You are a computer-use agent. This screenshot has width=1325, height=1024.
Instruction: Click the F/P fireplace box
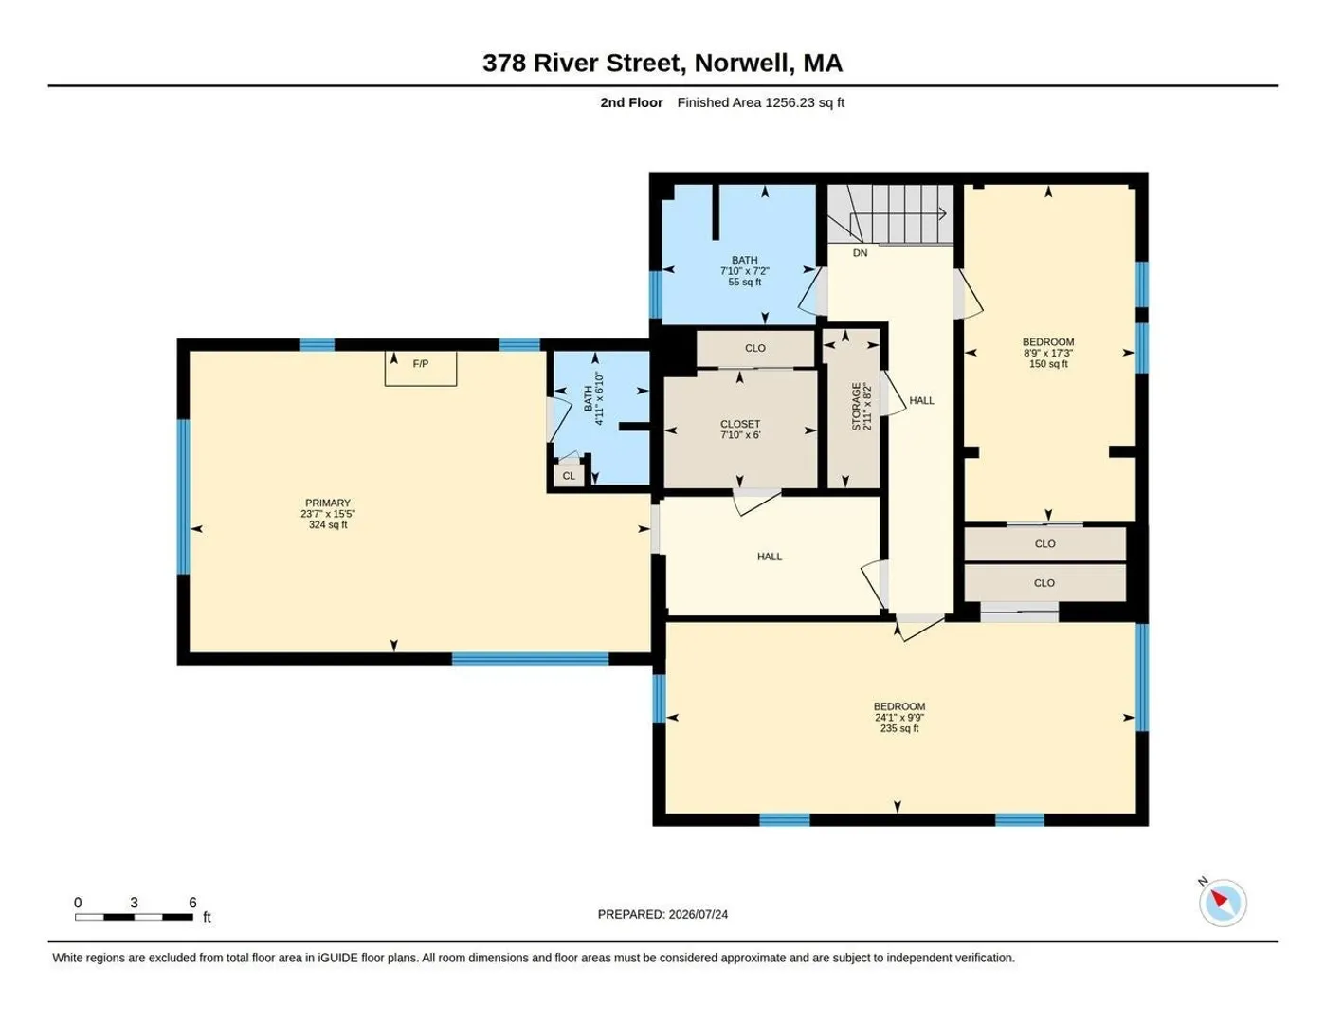coord(420,368)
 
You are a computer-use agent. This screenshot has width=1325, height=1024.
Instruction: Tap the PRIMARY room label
coord(327,503)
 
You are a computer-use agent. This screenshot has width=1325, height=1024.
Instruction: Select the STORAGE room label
coord(856,407)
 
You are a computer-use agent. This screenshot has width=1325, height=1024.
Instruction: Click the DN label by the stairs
coord(860,252)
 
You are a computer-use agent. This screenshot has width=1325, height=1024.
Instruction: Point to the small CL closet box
coord(569,475)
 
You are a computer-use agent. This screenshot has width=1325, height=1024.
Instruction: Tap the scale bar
coord(135,917)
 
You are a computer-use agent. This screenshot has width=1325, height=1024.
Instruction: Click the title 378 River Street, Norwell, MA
coord(662,63)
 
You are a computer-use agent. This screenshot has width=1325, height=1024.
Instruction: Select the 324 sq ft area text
coord(327,524)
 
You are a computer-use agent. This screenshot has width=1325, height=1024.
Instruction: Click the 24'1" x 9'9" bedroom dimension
coord(899,717)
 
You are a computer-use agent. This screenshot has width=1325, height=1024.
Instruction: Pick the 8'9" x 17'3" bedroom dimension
coord(1048,353)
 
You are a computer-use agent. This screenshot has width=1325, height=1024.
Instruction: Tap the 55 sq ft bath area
coord(745,282)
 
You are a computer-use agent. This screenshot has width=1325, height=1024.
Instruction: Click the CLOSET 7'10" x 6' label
coord(740,429)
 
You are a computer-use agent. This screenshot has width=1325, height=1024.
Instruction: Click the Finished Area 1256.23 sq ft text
coord(760,102)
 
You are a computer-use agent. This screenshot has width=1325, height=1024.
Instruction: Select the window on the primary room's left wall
coord(183,497)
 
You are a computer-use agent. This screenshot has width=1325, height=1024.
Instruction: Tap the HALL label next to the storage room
coord(921,401)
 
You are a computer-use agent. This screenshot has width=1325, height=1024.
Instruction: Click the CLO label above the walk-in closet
coord(754,348)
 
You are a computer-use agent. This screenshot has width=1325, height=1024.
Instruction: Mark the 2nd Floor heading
coord(631,102)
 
